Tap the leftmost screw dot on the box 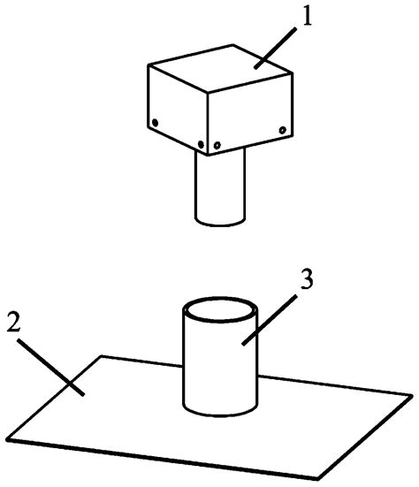[x=154, y=122]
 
